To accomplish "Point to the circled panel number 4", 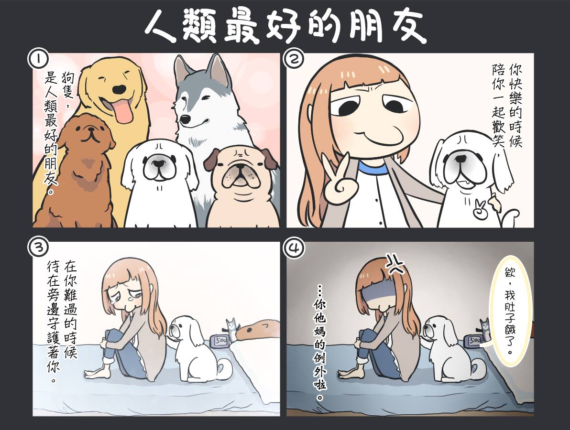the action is click(293, 248).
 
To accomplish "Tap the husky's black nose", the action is click(186, 118).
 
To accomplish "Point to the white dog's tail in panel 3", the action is click(223, 368).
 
